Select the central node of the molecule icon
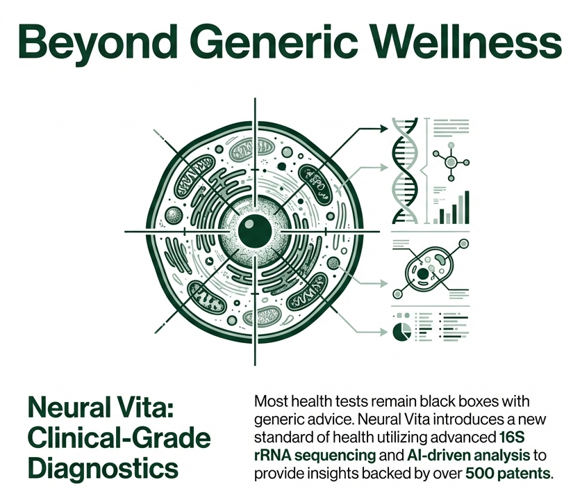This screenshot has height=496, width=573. click(451, 162)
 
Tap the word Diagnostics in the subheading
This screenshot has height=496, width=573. click(101, 466)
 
